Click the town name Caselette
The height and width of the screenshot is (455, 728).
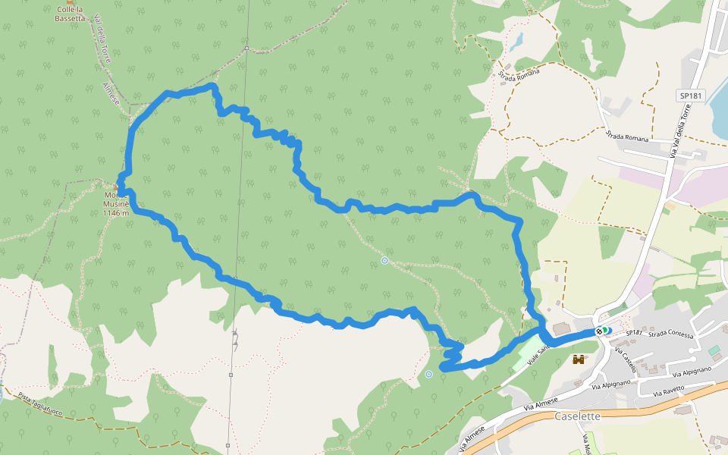click(x=578, y=416)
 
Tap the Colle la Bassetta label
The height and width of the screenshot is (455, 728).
click(x=70, y=14)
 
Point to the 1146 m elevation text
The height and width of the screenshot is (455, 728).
click(x=116, y=213)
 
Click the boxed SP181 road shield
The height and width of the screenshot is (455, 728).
click(x=690, y=96)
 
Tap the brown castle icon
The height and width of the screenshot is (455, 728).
click(x=580, y=359)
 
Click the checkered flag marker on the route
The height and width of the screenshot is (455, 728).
click(x=601, y=331)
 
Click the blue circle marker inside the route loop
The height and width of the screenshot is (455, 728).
click(x=384, y=261)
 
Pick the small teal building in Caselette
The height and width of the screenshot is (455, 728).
click(x=714, y=350)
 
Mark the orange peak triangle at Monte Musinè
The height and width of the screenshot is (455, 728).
click(x=117, y=187)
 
